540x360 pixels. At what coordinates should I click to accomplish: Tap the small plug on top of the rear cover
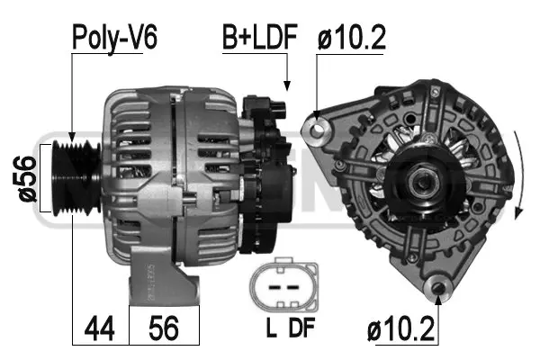point(274,106)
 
